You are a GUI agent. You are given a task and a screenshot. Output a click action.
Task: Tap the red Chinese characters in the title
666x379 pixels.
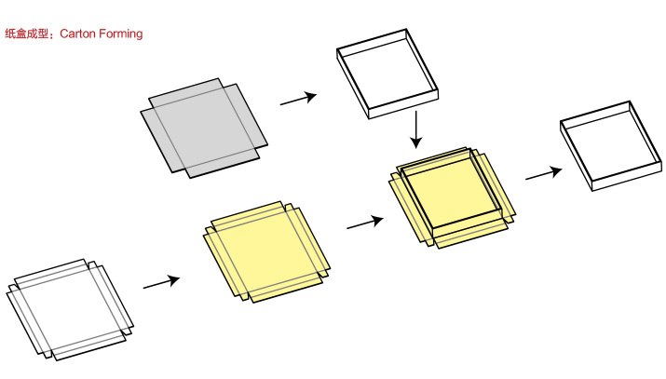coord(27,34)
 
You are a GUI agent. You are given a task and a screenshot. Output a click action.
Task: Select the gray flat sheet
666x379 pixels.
coord(204,129)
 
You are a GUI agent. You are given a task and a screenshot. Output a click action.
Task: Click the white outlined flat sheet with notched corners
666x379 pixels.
coord(70,310)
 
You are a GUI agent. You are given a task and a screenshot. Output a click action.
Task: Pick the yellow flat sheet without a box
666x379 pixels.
coord(266,252)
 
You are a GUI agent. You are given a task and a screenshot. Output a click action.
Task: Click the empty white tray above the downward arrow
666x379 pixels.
coord(387,74)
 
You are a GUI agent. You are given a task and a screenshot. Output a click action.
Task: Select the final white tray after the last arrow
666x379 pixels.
coord(611,146)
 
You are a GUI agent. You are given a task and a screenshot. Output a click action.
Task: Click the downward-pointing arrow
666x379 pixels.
coord(416,129)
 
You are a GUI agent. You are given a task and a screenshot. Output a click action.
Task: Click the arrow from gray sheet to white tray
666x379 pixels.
coord(299,99)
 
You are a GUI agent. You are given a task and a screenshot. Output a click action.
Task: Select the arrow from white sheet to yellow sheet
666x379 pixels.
coord(162,282)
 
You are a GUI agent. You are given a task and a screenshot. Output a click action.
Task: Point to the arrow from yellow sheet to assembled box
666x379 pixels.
coord(365,223)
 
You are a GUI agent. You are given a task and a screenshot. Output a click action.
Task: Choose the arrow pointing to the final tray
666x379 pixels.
coord(544,172)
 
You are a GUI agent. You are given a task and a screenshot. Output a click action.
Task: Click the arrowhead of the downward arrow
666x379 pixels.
coord(416,142)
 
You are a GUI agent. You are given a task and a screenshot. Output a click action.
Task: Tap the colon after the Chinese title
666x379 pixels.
coord(53,34)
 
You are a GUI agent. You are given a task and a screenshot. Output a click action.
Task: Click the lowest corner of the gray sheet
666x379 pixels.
coord(189,178)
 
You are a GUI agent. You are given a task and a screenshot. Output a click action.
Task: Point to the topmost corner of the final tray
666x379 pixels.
coord(630,101)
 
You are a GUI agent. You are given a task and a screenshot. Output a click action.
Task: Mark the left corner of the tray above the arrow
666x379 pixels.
coord(337,48)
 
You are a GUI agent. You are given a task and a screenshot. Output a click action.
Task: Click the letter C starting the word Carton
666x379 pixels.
coord(63,34)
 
